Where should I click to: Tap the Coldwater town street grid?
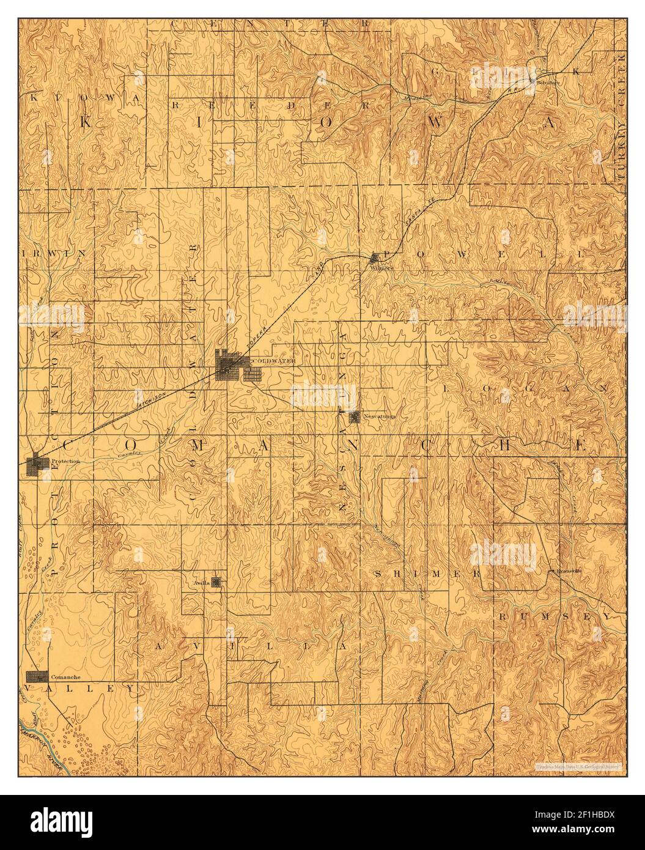pyautogui.click(x=232, y=366)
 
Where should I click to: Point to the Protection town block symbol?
pyautogui.click(x=39, y=464)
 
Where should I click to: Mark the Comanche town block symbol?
pyautogui.click(x=37, y=676)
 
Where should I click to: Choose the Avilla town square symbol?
pyautogui.click(x=216, y=582)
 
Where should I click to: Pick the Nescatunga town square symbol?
pyautogui.click(x=355, y=417)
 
